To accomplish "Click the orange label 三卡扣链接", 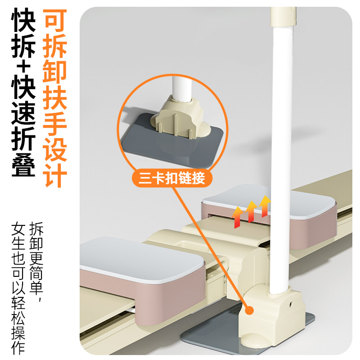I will (168, 178).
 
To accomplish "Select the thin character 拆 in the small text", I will (37, 230).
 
